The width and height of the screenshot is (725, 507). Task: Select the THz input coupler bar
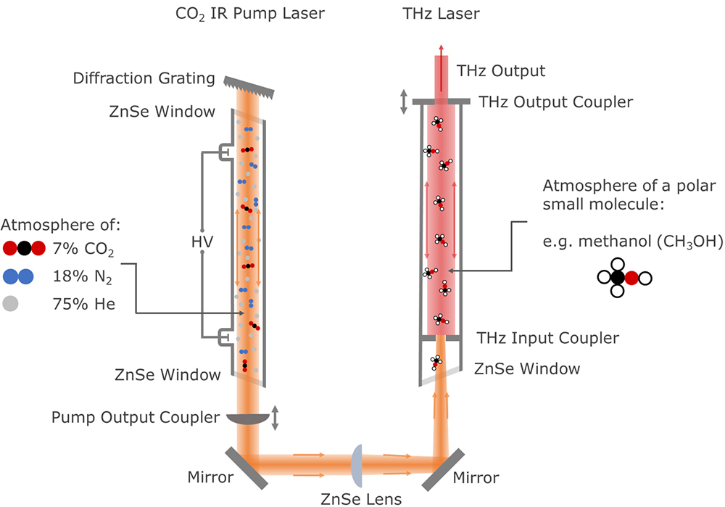[439, 337]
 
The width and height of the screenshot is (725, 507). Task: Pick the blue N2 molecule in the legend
[19, 276]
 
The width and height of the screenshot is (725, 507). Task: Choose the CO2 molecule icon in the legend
[24, 249]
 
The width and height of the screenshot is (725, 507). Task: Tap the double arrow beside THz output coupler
[404, 102]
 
